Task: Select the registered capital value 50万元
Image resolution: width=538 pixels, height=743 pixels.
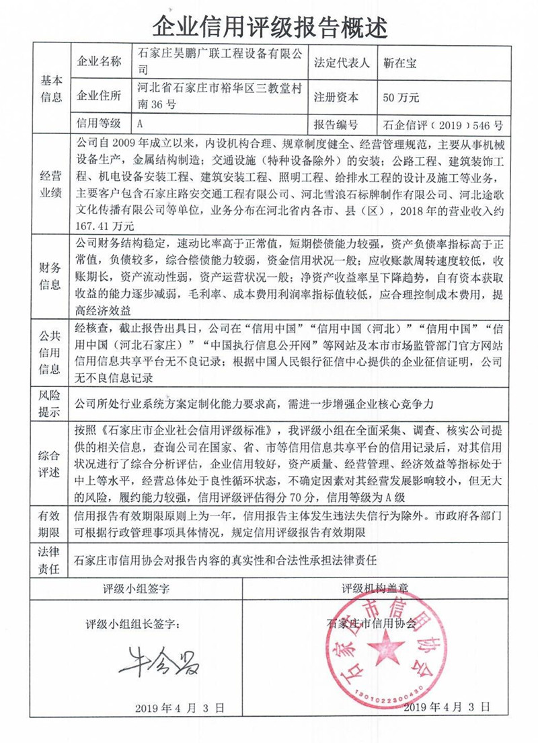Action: (401, 97)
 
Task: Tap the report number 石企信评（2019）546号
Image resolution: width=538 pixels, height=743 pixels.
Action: (442, 125)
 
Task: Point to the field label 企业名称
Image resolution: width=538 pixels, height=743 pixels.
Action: (100, 63)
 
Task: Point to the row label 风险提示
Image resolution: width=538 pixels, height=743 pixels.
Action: (52, 403)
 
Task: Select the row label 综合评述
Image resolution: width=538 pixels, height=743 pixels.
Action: (52, 466)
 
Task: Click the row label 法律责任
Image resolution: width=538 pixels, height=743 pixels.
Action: (52, 559)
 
